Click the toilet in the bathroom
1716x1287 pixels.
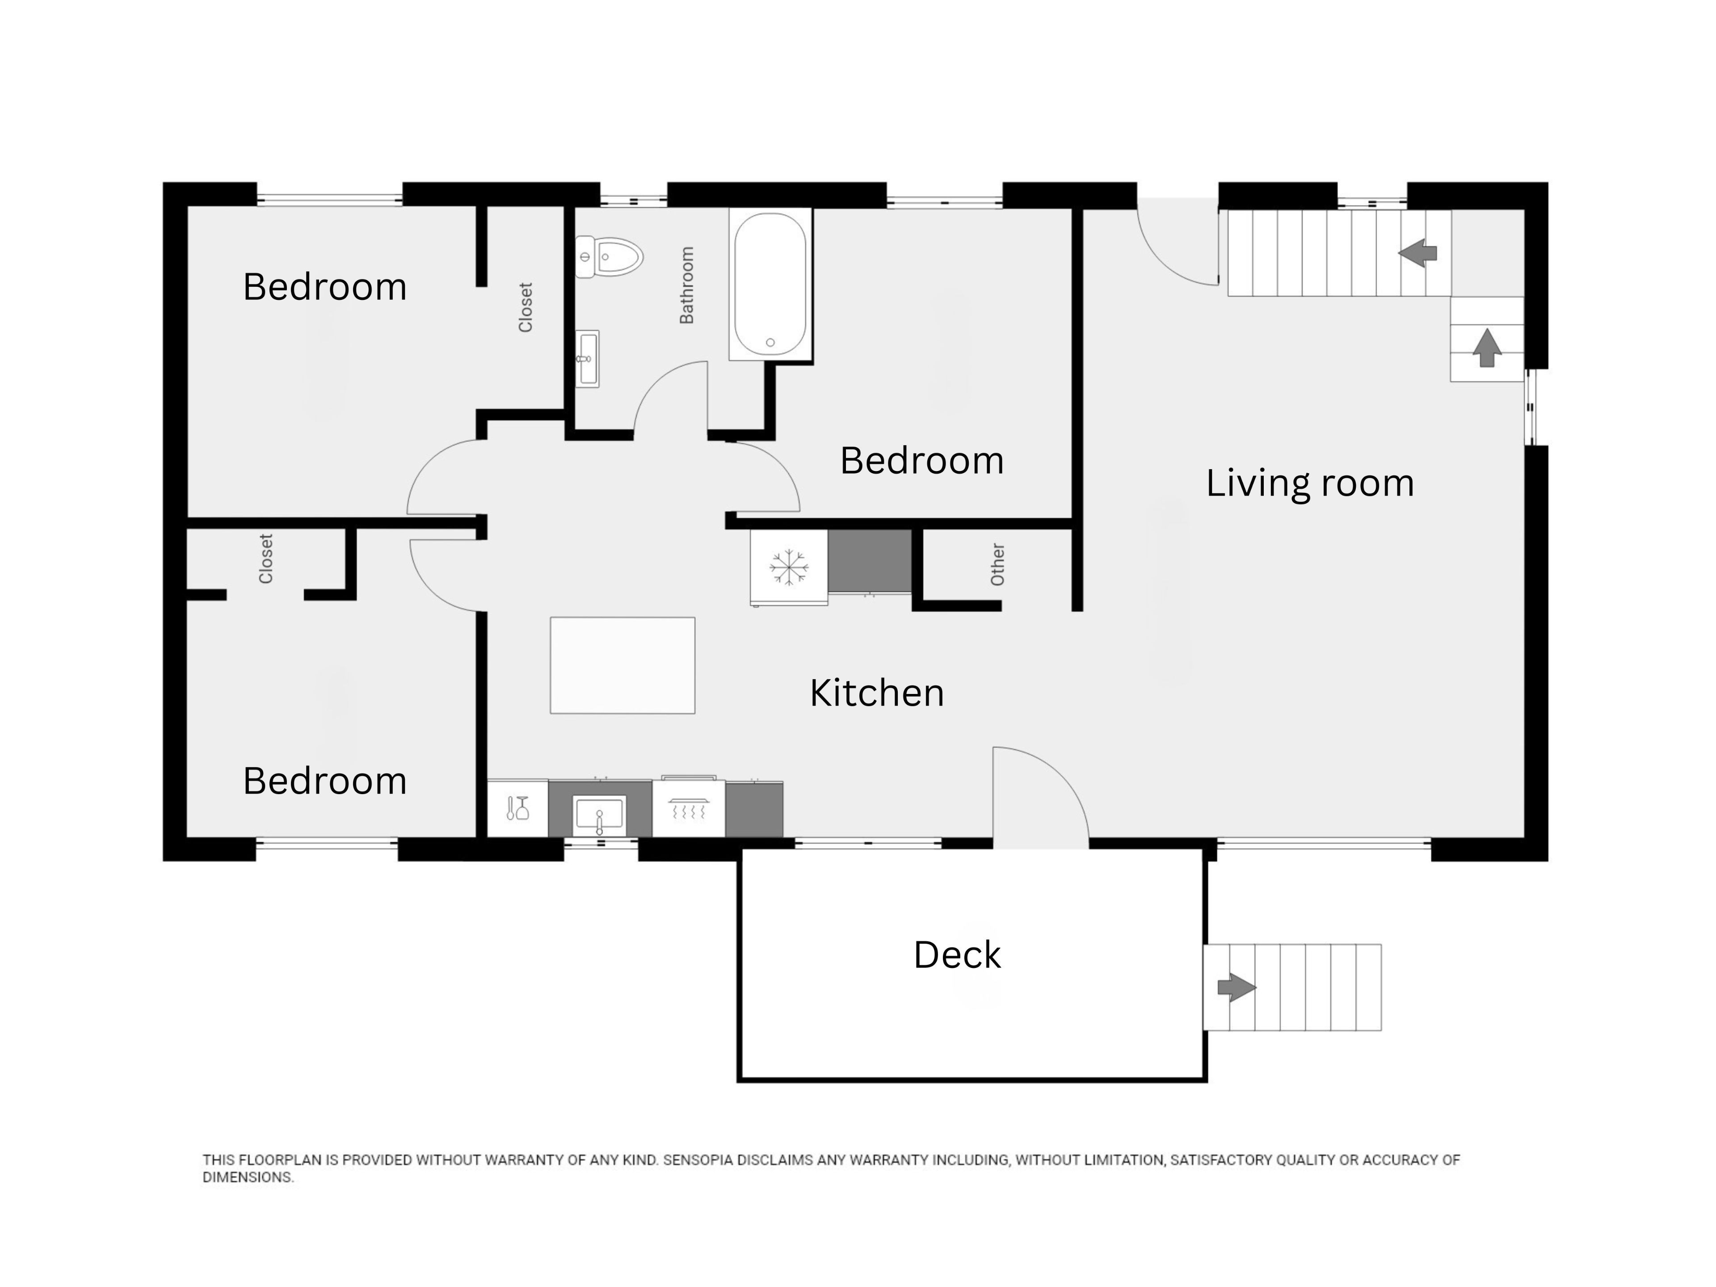(609, 257)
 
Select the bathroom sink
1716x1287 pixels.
(587, 358)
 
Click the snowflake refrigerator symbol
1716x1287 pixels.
(789, 567)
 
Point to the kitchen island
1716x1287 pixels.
(622, 665)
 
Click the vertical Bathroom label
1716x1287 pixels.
(686, 285)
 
